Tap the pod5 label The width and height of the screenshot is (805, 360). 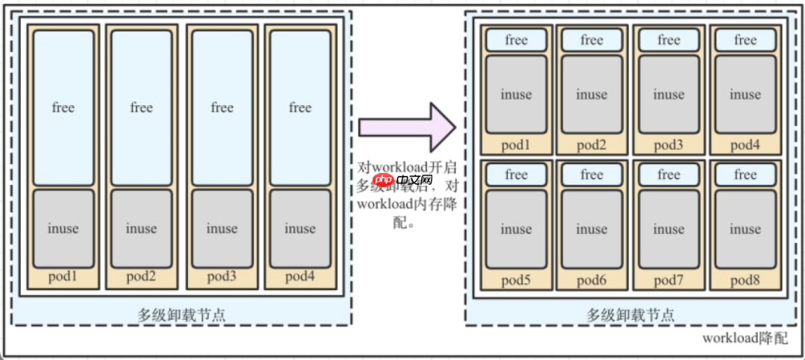(x=516, y=280)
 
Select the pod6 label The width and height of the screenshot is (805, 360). (x=591, y=280)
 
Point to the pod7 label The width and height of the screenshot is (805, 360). (x=669, y=280)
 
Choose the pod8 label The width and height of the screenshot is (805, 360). (x=745, y=280)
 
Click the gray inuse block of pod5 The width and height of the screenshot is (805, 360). (x=516, y=229)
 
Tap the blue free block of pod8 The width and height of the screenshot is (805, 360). (x=745, y=174)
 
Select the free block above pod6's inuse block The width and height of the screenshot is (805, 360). (x=591, y=174)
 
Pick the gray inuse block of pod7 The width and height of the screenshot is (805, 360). (x=669, y=229)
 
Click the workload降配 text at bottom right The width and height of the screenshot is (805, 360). (x=745, y=338)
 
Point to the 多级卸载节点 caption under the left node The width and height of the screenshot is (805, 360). (x=182, y=315)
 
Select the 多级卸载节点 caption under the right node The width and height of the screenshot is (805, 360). (x=631, y=315)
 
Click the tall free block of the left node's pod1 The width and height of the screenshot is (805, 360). (x=63, y=108)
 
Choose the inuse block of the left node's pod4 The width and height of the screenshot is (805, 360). (x=300, y=228)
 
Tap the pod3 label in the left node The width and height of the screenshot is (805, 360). (x=222, y=277)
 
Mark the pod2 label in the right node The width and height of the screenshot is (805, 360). (x=591, y=145)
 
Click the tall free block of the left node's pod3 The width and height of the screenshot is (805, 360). (x=222, y=108)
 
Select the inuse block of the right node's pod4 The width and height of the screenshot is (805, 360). (x=745, y=95)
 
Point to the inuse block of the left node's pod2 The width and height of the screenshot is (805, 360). (x=141, y=228)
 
